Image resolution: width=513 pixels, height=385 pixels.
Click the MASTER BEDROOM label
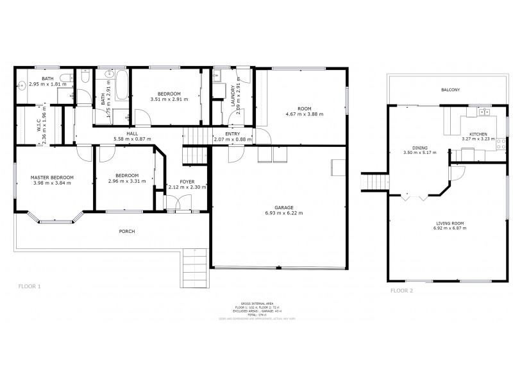(52, 177)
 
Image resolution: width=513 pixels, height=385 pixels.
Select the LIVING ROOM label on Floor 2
(448, 223)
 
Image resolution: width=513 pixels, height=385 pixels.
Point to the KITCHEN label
(475, 133)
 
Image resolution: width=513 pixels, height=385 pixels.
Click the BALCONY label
(450, 90)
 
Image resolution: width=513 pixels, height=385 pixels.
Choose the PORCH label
(126, 231)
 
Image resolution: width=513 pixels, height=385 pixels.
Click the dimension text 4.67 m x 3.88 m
(304, 114)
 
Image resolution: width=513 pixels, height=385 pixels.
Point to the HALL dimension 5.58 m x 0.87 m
(132, 139)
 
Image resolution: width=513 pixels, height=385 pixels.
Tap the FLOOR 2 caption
(402, 291)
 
